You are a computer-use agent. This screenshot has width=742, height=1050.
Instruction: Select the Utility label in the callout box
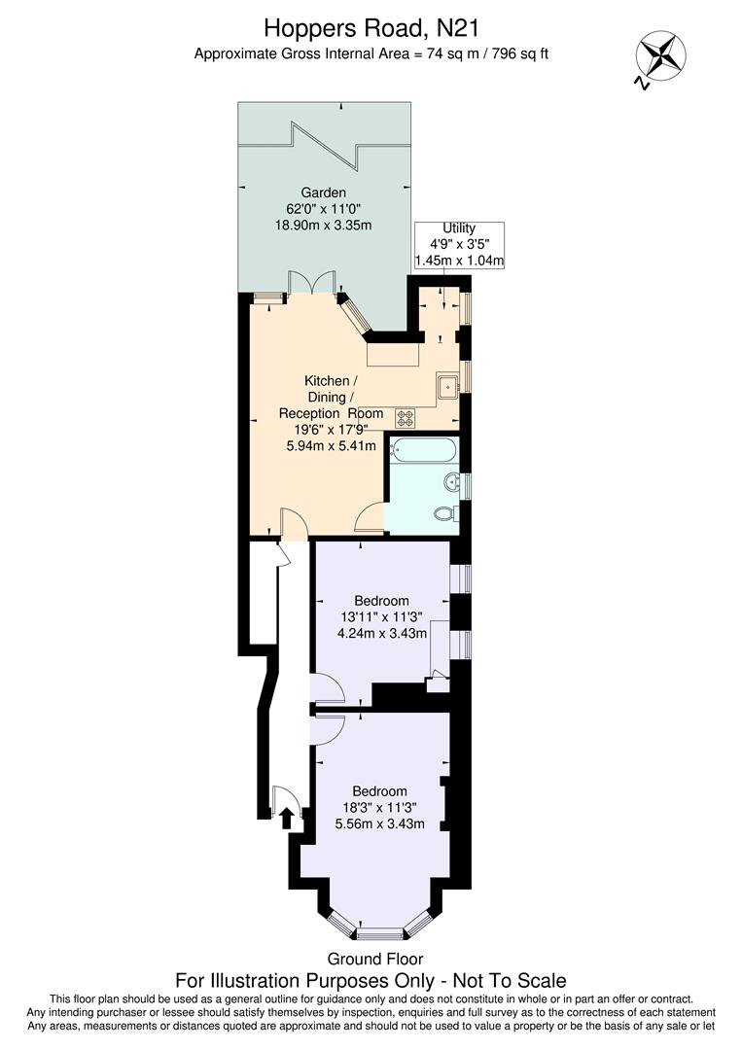[x=459, y=227]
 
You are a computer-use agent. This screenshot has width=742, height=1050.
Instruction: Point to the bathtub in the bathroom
[x=422, y=451]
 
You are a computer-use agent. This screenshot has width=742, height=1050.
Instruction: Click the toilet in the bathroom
[x=445, y=513]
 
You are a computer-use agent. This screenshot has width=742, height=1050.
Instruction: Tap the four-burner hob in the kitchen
[x=406, y=418]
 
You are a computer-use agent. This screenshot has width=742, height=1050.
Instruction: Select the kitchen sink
[x=448, y=386]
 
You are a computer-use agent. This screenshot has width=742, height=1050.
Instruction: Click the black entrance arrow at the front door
[x=286, y=820]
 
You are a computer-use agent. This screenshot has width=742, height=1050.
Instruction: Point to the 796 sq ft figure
[x=512, y=53]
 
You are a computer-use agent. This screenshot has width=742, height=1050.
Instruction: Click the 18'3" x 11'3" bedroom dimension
[x=379, y=807]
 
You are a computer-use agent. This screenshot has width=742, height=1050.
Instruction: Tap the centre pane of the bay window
[x=379, y=933]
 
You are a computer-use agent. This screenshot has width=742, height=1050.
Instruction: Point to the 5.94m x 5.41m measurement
[x=331, y=445]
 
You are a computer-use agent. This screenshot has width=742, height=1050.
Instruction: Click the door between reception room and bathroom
[x=371, y=517]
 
